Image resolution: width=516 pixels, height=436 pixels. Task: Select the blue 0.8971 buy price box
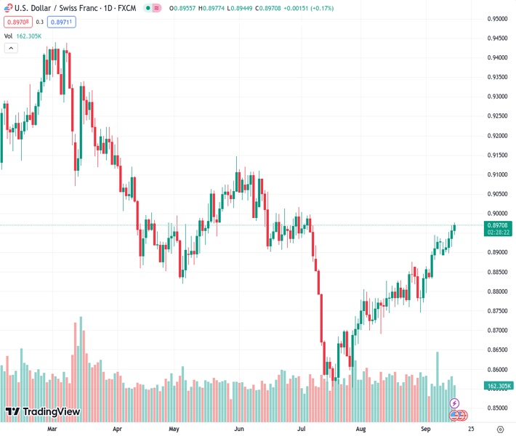point(62,22)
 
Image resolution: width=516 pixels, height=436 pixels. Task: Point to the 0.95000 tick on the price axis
point(498,19)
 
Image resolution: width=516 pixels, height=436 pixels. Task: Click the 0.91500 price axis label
point(498,155)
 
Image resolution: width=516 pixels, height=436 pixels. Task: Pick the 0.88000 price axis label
point(498,291)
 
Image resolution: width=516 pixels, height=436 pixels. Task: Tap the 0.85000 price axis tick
point(498,408)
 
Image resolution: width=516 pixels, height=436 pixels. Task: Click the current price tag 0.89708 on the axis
point(498,225)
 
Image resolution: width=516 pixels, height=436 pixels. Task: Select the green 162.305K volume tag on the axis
point(498,386)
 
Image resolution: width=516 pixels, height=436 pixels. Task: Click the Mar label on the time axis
point(52,429)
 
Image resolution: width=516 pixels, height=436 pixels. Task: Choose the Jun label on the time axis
point(239,429)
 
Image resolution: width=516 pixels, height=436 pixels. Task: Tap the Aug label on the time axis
point(360,429)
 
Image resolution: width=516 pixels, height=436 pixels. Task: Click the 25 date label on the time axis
point(471,429)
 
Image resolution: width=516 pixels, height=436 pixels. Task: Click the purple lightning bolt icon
point(455,403)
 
